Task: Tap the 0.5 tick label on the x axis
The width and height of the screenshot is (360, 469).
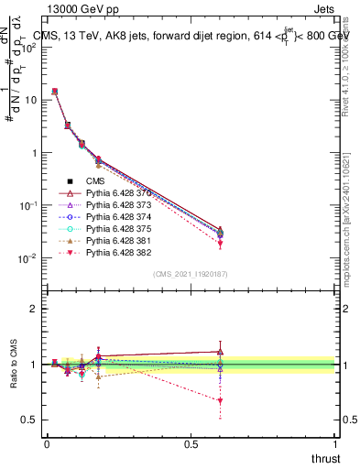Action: coord(191,444)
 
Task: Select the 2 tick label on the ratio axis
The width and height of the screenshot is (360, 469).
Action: coord(33,309)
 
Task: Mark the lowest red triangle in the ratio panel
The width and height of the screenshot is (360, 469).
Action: coord(220,400)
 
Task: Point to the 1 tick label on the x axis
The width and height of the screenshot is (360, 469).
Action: coord(336,444)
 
